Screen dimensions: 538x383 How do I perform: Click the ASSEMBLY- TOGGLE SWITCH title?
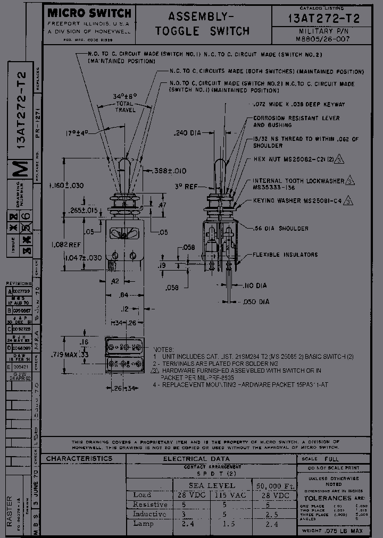(x=202, y=24)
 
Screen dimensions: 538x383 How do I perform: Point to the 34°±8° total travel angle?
(x=125, y=96)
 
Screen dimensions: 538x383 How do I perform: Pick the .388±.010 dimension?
(x=170, y=171)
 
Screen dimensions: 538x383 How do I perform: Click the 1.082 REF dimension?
(x=65, y=245)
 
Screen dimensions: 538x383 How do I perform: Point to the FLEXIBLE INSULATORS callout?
(x=281, y=255)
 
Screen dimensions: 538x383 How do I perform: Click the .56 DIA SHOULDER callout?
(x=280, y=228)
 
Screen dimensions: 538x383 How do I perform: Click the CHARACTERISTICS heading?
(x=79, y=458)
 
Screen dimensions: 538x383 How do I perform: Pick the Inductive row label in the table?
(x=149, y=514)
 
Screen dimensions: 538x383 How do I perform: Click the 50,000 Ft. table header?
(x=275, y=485)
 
